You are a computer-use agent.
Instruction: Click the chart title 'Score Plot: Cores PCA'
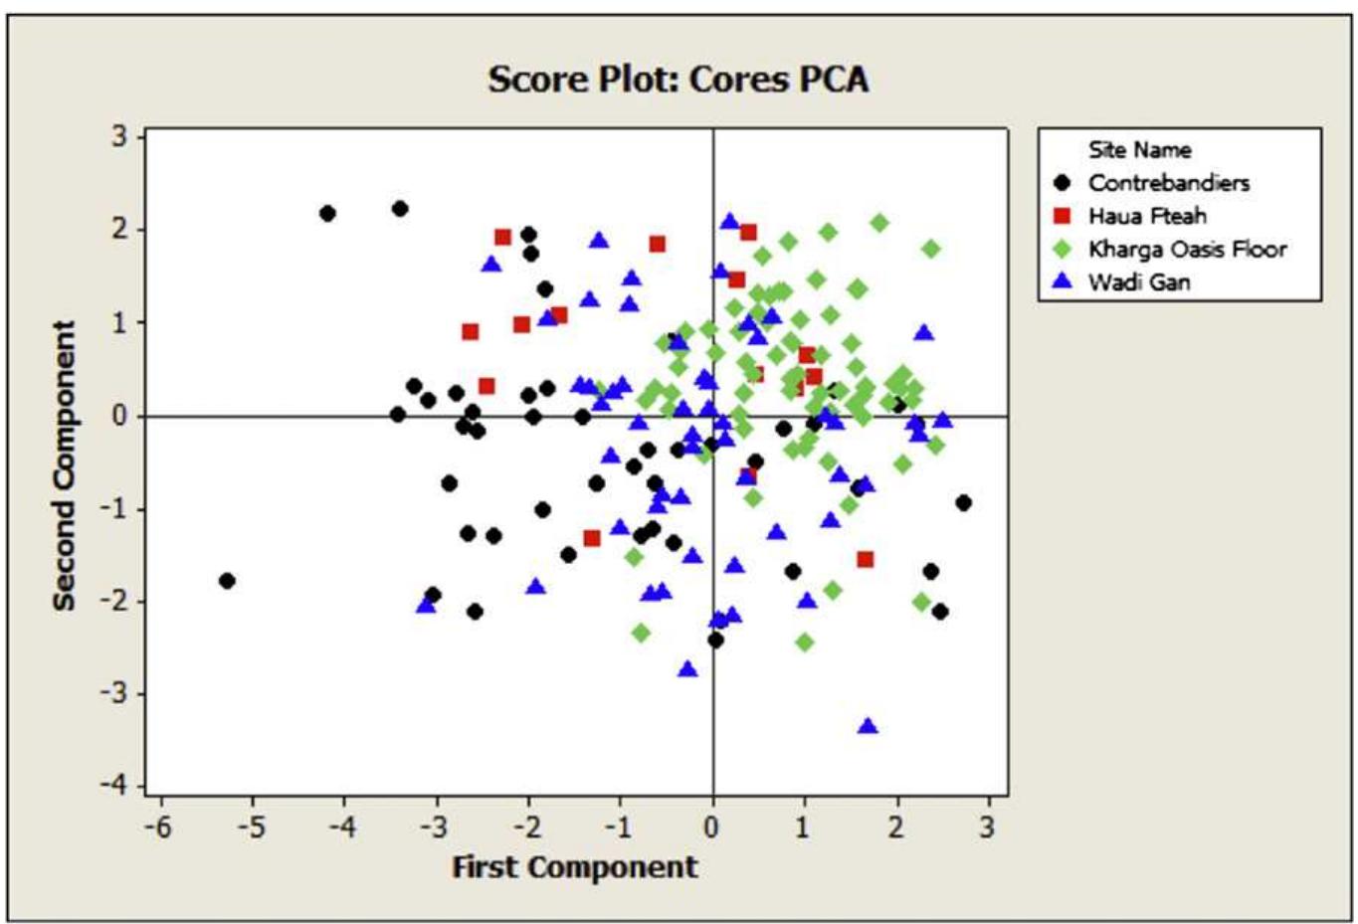pos(678,80)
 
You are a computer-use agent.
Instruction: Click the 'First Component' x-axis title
pos(575,867)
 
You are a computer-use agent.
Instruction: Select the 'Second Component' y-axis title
pos(65,465)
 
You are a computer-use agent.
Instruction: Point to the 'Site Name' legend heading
pos(1139,150)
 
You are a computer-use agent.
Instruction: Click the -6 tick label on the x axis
pos(157,828)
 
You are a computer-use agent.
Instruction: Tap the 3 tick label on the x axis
pos(987,828)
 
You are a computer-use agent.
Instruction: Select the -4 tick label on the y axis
pos(117,786)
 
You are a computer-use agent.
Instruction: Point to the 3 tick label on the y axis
pos(120,136)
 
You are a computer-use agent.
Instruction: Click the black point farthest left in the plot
pos(227,581)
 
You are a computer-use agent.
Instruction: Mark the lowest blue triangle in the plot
pos(868,727)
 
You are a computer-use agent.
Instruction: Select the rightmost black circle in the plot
pos(963,503)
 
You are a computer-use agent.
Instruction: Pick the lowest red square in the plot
pos(866,560)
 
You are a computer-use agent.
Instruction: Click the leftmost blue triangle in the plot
pos(426,604)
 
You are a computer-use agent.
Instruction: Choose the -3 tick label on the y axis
pos(117,693)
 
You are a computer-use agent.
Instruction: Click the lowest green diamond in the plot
pos(805,643)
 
